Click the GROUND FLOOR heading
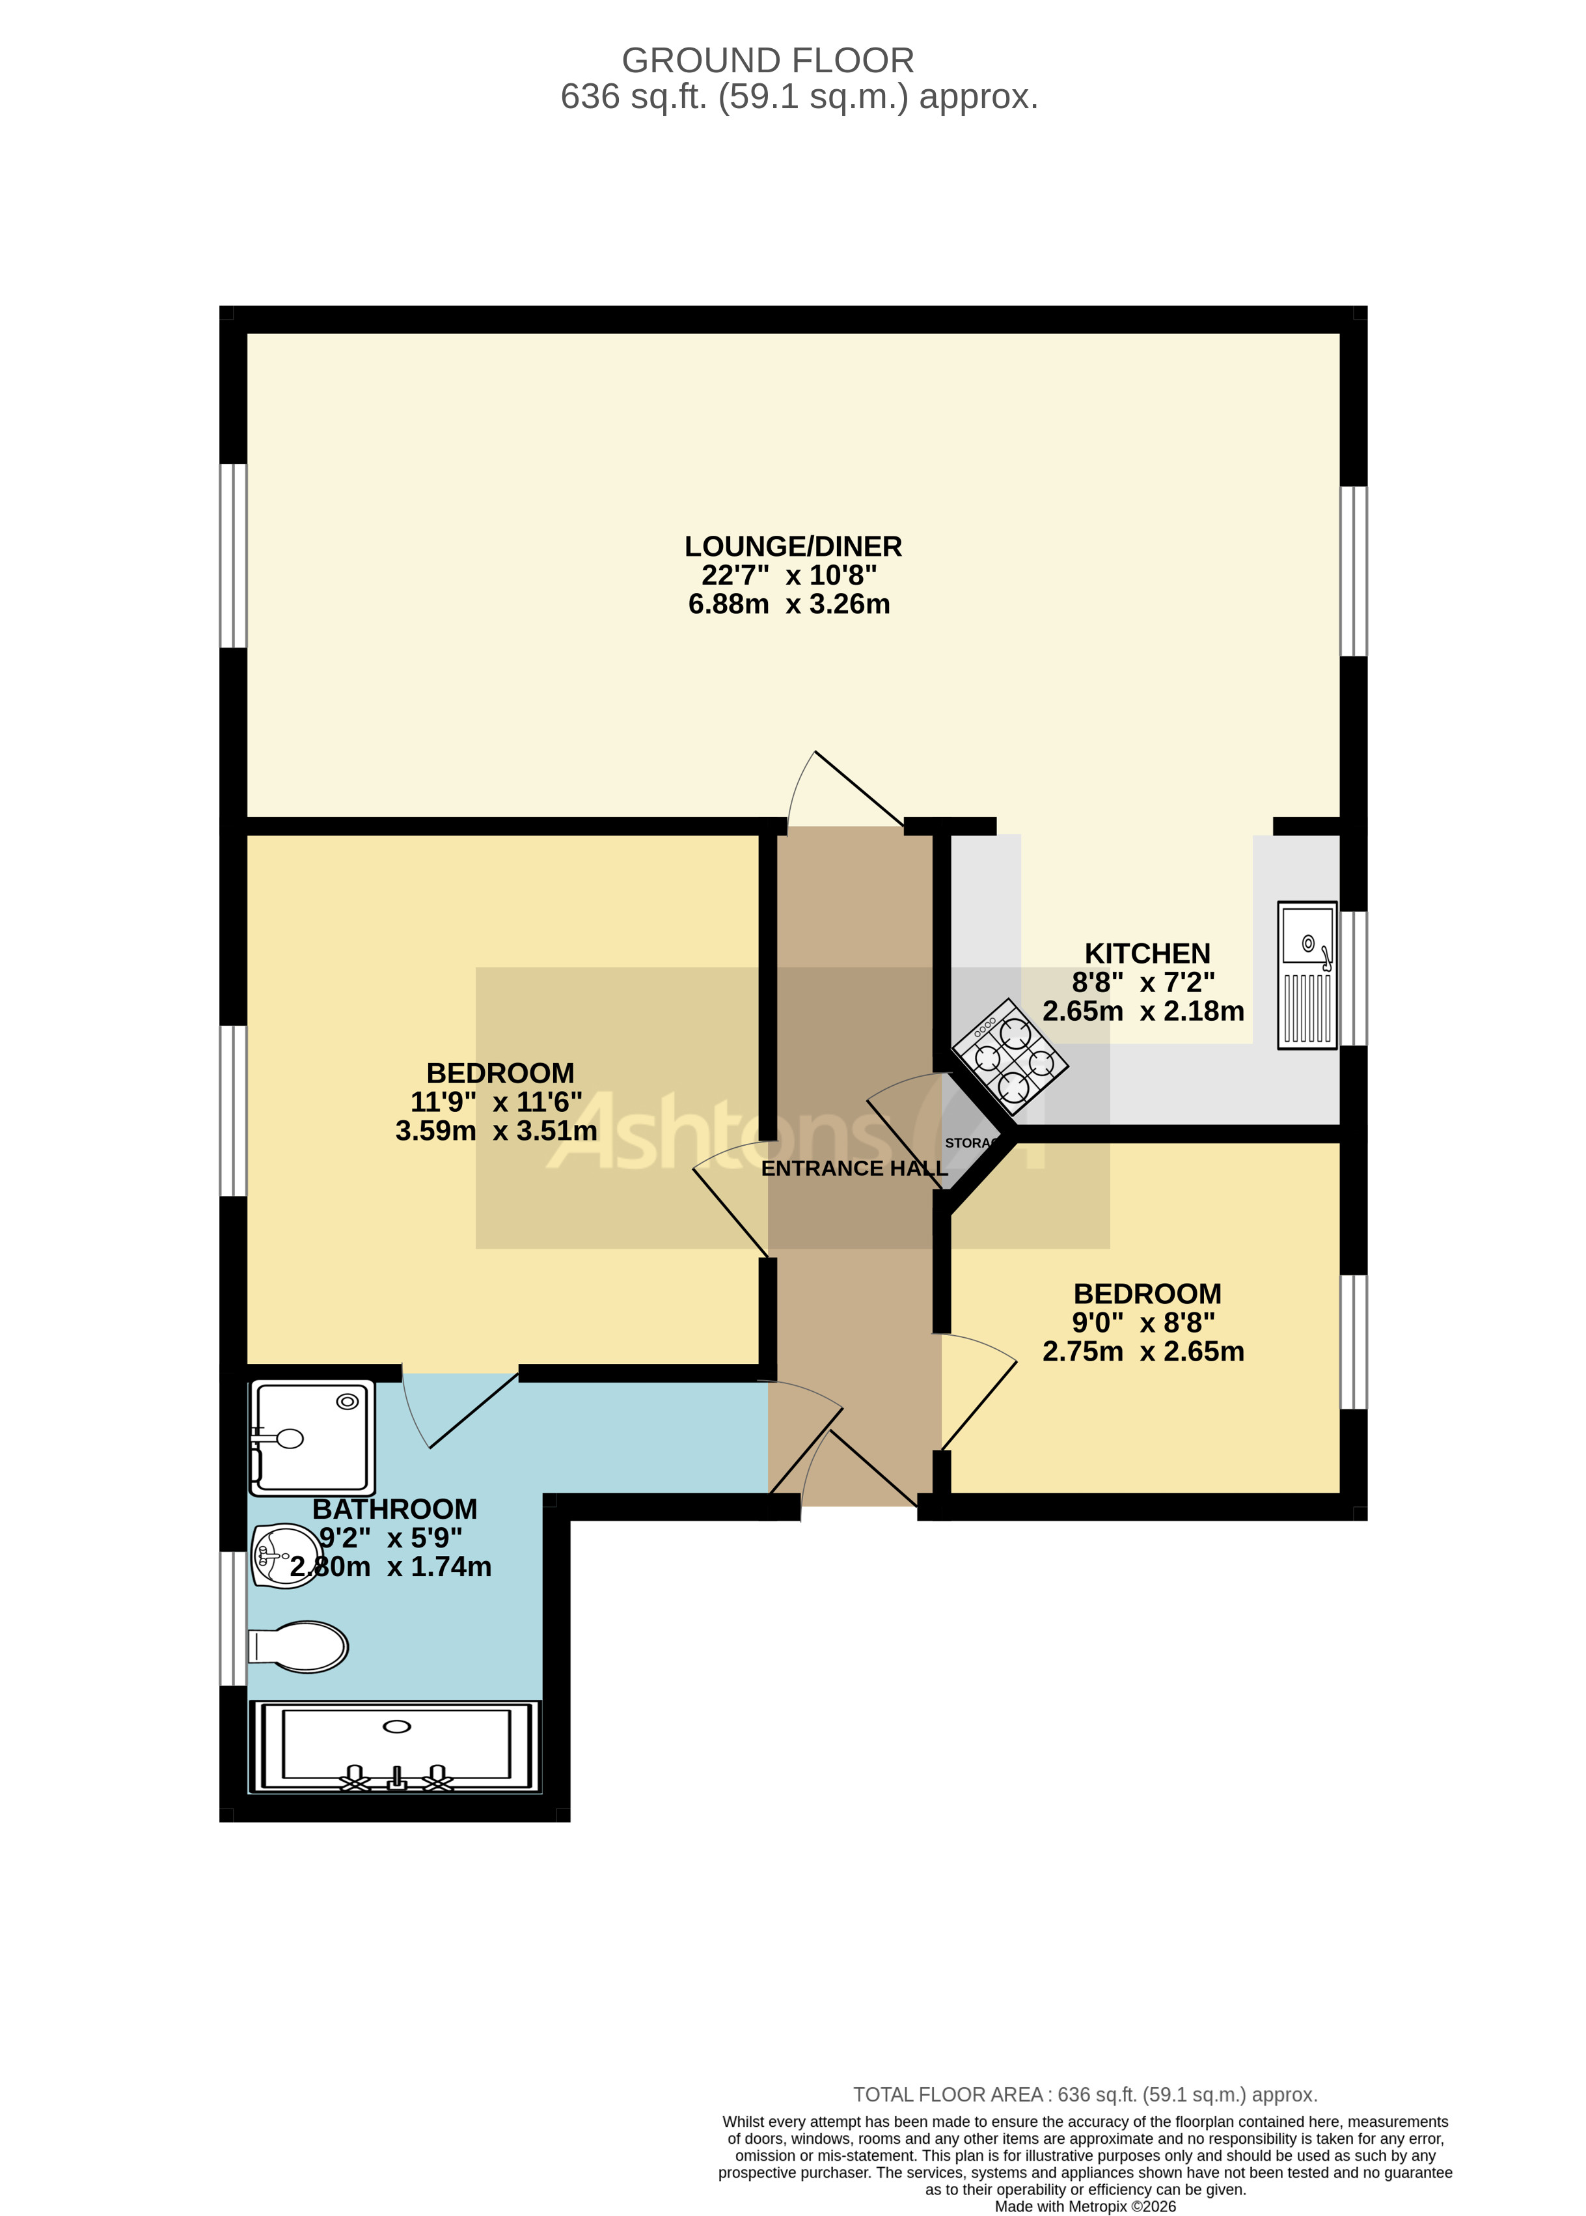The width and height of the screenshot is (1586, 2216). coord(767,61)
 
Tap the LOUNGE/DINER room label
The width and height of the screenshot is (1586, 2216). coord(792,546)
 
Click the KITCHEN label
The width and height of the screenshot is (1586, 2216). coord(1147,953)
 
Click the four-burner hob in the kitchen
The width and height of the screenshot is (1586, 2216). coord(1010,1057)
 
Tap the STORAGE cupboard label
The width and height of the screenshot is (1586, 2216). coord(970,1143)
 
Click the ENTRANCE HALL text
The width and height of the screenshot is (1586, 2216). coord(854,1168)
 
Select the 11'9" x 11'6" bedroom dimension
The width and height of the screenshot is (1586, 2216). coord(496,1101)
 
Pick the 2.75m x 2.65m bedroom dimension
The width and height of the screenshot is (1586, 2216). coord(1143,1351)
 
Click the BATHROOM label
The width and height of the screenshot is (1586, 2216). coord(394,1509)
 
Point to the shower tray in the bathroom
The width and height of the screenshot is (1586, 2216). coord(312,1437)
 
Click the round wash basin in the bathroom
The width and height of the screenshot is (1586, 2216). coord(284,1555)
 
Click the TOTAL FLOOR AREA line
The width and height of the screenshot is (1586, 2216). coord(1085,2095)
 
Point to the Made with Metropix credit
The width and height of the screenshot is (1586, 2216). coord(1085,2206)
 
